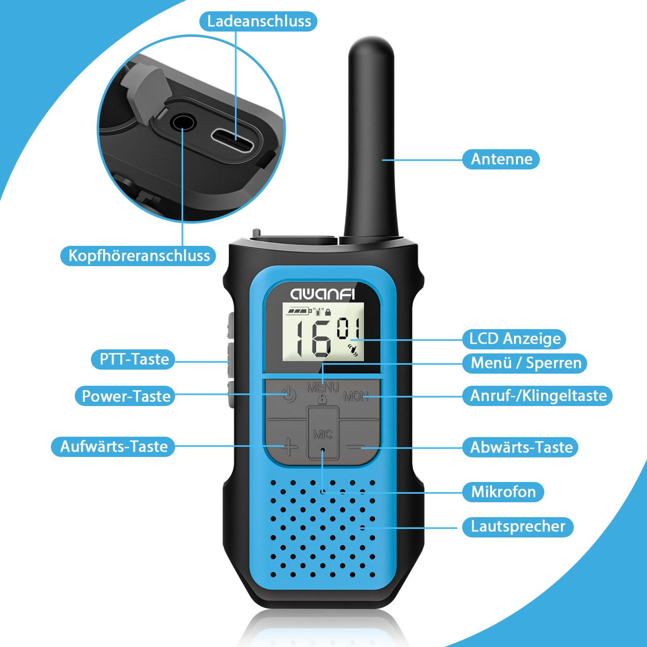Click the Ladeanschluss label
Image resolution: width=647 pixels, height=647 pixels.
tap(258, 21)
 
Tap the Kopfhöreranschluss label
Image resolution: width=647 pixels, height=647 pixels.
tap(139, 256)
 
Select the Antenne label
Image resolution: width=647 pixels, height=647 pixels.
tap(501, 159)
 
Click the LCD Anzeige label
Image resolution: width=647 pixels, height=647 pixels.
tap(514, 339)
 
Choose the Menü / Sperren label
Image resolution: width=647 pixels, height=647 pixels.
tap(525, 363)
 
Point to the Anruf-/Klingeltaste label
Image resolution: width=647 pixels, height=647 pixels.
tap(538, 396)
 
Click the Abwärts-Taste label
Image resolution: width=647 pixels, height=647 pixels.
tap(521, 447)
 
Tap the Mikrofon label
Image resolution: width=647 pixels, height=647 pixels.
tap(503, 492)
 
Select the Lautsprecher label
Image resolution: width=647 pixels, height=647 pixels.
tap(518, 526)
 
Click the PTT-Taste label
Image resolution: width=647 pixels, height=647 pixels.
tap(134, 359)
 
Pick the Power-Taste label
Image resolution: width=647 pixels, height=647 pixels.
tap(126, 396)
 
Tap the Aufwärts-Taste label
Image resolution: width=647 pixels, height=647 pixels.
tap(114, 446)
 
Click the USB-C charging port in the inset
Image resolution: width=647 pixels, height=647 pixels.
tap(232, 141)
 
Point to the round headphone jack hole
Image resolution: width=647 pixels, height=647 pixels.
tap(183, 123)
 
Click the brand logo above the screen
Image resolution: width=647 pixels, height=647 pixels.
tap(323, 294)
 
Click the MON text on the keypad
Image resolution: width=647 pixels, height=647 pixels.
tap(355, 397)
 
